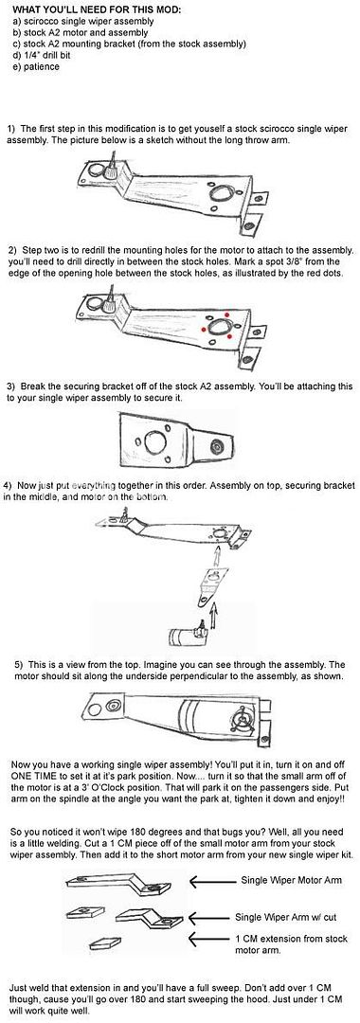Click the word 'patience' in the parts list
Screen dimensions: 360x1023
pos(42,66)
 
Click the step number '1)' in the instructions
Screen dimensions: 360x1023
pos(11,128)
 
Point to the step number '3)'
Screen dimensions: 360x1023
pos(11,386)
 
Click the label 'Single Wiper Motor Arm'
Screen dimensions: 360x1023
pos(291,880)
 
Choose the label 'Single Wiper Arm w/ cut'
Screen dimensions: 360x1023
pos(286,917)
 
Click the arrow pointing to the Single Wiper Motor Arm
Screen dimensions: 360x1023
pos(212,881)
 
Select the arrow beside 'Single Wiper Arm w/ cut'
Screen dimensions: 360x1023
pos(210,917)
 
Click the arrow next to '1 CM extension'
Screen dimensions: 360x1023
pos(209,940)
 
